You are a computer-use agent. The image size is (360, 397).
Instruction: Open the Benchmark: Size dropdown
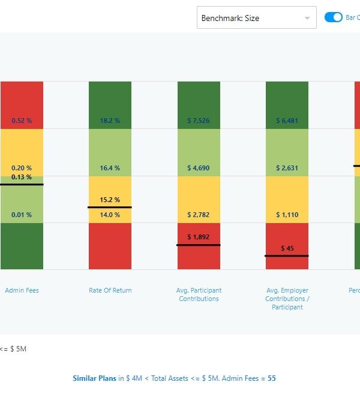[x=257, y=18]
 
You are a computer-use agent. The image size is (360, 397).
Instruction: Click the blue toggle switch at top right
[x=333, y=17]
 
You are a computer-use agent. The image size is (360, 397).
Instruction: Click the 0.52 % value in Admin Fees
[x=22, y=121]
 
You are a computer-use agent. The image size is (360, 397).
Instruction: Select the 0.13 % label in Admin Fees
[x=22, y=177]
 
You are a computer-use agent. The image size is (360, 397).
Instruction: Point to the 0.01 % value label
[x=22, y=215]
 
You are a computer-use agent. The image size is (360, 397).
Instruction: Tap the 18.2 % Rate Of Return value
[x=110, y=121]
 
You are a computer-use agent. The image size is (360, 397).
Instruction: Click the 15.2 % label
[x=110, y=200]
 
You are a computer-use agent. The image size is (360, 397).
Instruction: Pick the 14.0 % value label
[x=110, y=215]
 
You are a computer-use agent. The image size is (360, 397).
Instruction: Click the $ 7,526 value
[x=199, y=121]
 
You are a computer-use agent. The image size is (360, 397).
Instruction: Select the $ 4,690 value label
[x=199, y=168]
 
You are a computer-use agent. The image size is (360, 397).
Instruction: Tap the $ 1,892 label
[x=199, y=237]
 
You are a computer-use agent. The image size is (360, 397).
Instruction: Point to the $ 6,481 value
[x=287, y=121]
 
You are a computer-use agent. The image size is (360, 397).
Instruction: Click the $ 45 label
[x=287, y=248]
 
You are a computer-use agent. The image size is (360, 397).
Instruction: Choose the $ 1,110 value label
[x=287, y=215]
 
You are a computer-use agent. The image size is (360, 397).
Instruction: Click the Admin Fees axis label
[x=22, y=290]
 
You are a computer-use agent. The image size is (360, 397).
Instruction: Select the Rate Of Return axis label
[x=110, y=290]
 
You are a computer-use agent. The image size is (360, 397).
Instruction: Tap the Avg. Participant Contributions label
[x=199, y=294]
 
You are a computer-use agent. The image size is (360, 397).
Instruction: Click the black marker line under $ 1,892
[x=199, y=245]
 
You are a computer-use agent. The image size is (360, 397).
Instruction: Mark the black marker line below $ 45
[x=287, y=256]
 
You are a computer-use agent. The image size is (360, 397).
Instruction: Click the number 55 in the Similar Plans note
[x=272, y=378]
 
